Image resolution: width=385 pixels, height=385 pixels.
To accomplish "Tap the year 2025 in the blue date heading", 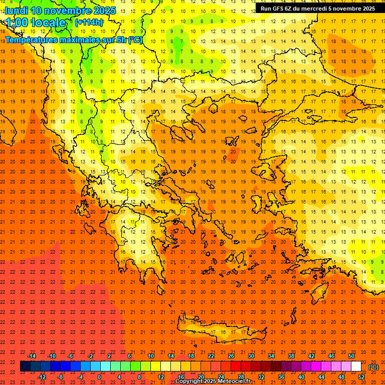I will [x=104, y=11].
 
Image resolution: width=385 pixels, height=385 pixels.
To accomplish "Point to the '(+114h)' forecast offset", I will [x=89, y=22].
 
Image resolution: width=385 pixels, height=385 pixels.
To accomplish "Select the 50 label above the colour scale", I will [x=351, y=356].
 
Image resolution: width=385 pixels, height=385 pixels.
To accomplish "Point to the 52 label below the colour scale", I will [x=361, y=377].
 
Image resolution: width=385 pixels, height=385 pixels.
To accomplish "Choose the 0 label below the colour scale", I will [x=99, y=377].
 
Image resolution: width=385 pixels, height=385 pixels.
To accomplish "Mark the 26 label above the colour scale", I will [x=231, y=356].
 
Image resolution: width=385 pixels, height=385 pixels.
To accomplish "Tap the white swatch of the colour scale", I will [x=356, y=366].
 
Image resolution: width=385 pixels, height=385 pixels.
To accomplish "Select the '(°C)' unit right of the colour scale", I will [x=373, y=367].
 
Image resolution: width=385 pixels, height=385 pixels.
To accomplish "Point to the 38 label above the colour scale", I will [x=291, y=356].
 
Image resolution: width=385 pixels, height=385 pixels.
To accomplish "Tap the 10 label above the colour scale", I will [x=151, y=356].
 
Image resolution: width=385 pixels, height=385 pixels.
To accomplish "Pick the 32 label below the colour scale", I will [x=261, y=377].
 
